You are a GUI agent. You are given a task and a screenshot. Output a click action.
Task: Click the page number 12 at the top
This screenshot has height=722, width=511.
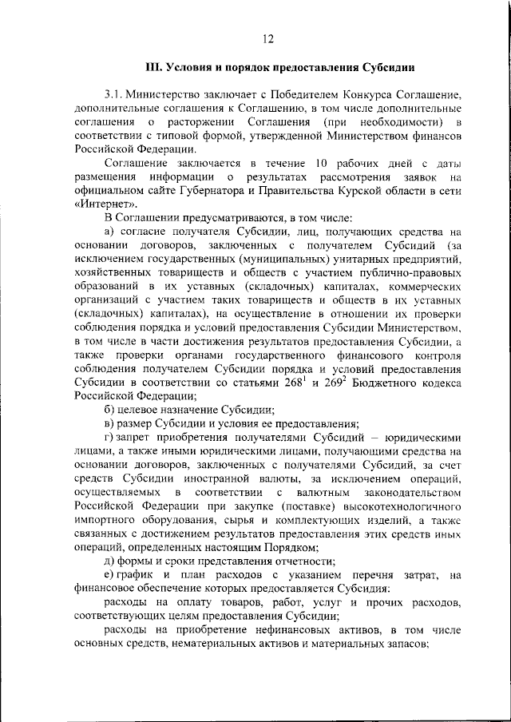pyautogui.click(x=267, y=39)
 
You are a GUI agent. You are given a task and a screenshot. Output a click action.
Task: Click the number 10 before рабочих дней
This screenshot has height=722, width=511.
pyautogui.click(x=322, y=163)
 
